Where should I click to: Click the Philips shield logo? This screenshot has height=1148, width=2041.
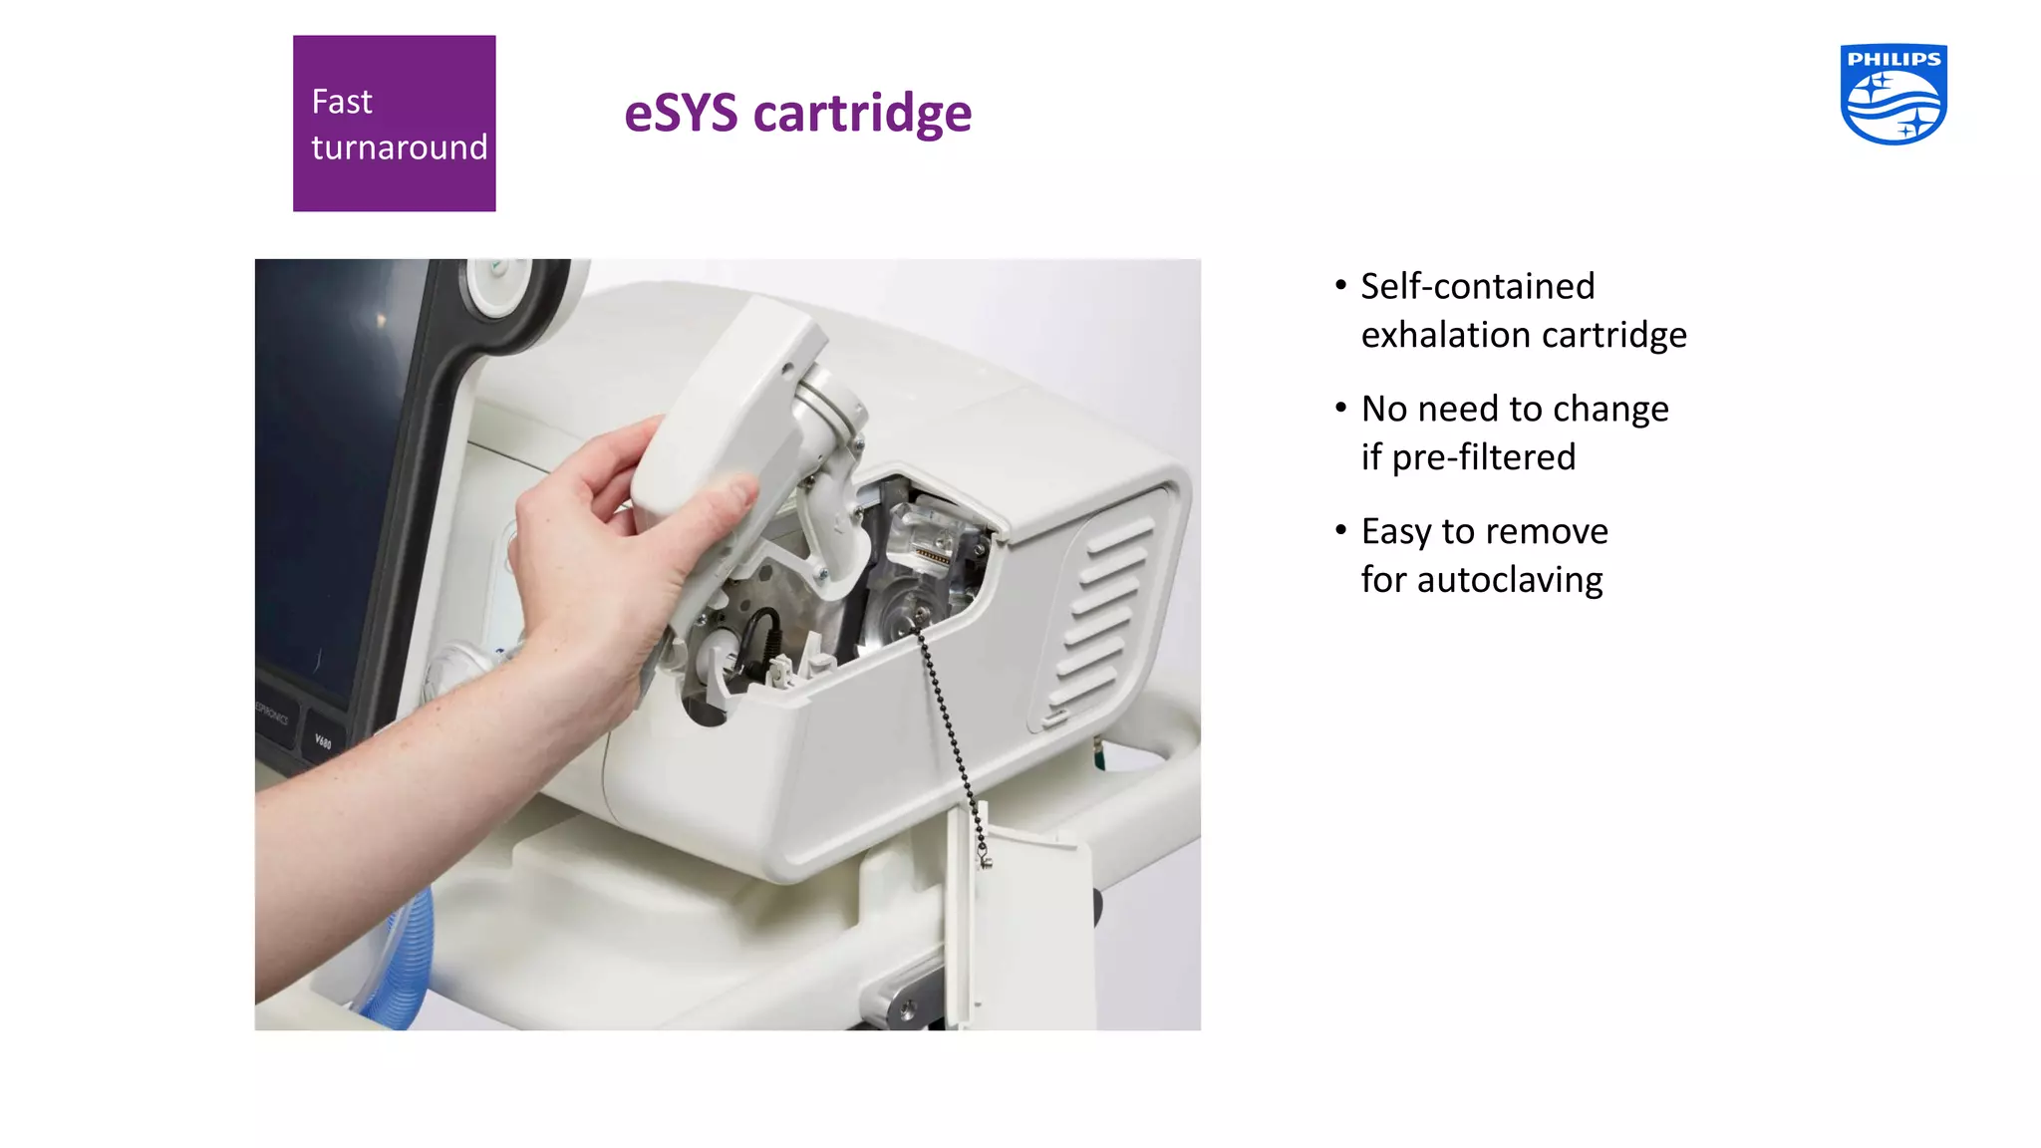(1893, 95)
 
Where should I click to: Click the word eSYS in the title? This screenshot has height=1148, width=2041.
(681, 113)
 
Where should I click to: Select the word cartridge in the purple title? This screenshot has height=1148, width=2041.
(862, 114)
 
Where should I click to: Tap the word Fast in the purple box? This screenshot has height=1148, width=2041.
(341, 102)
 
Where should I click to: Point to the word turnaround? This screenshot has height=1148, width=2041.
(399, 147)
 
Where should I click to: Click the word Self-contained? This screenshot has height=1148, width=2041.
(1477, 286)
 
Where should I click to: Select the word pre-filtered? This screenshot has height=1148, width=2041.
(1483, 457)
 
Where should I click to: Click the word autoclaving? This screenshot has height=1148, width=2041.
(1509, 580)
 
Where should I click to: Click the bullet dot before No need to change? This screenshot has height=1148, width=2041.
(1340, 407)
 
